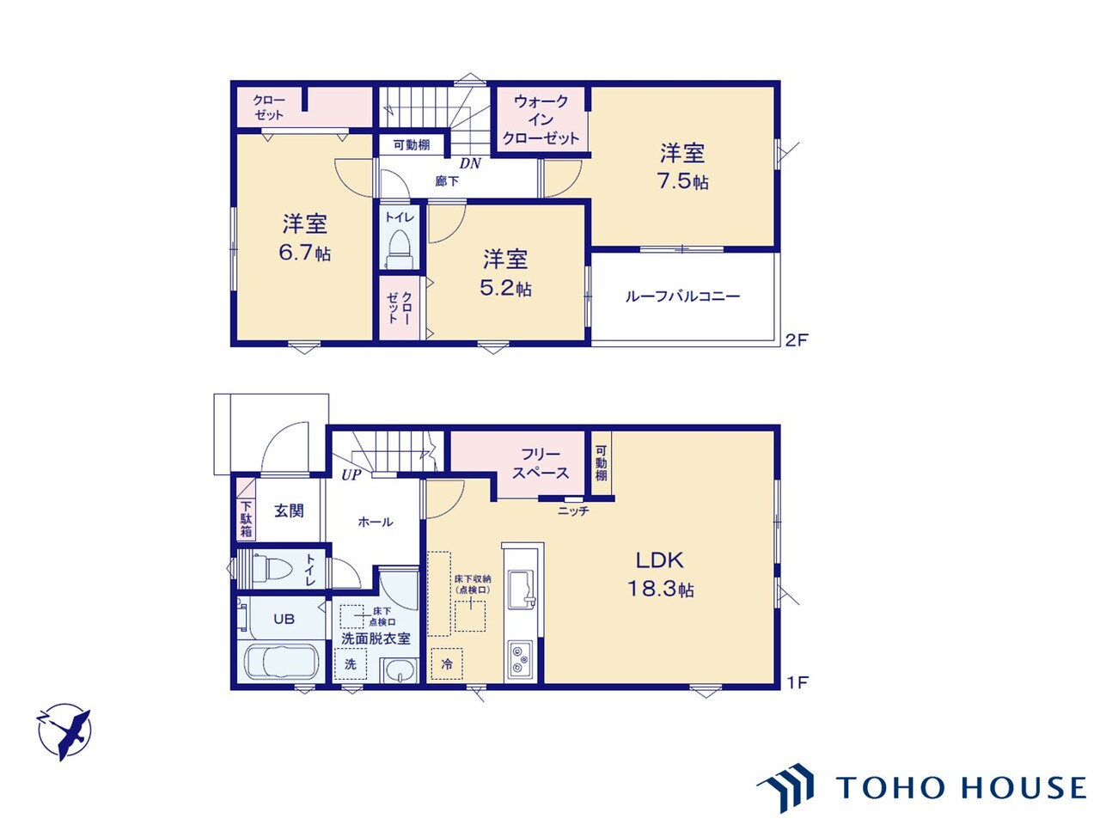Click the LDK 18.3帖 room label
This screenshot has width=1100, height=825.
660,574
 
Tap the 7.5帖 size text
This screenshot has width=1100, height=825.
682,180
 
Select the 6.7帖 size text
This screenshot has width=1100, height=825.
305,253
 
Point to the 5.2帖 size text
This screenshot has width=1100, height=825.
505,288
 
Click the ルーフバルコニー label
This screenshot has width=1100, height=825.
682,296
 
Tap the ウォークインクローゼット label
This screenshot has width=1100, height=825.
541,119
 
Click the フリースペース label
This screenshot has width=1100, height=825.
541,463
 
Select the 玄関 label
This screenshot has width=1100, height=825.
289,511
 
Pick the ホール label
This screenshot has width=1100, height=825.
376,522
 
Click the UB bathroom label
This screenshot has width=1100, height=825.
284,619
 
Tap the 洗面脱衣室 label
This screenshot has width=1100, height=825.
376,639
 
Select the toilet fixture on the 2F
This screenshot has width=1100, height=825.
400,250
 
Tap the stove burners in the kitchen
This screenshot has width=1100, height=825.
521,660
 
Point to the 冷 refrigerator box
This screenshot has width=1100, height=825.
447,664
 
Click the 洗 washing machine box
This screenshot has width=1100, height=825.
351,664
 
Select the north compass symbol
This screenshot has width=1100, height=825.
64,733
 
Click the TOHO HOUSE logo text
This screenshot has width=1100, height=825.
961,787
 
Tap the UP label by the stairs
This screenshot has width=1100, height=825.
351,475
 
